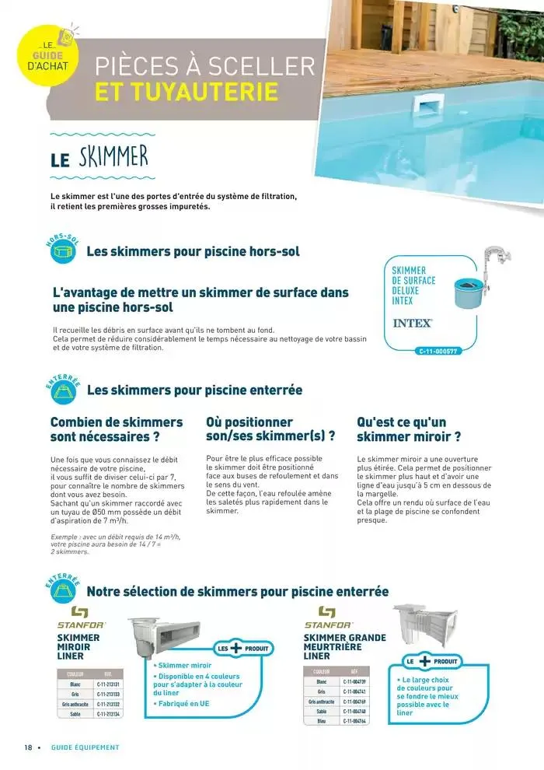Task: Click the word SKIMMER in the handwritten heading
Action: [x=113, y=158]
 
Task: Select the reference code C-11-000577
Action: [x=439, y=352]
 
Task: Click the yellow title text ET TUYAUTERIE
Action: [x=187, y=92]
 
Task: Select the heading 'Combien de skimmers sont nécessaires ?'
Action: [x=117, y=429]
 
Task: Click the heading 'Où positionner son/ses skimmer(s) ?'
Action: [x=270, y=429]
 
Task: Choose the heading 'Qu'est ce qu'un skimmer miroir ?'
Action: [x=410, y=429]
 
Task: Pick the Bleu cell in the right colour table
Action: [x=322, y=721]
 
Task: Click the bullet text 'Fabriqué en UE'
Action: [x=183, y=704]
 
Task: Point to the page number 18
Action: [x=28, y=747]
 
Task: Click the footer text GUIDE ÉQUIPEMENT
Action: [x=85, y=747]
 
